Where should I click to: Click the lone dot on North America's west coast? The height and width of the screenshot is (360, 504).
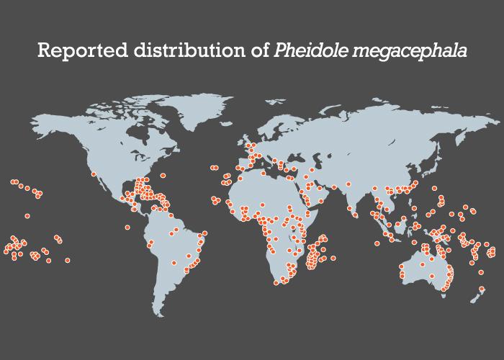click(93, 174)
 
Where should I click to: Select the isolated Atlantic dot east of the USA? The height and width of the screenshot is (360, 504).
click(163, 176)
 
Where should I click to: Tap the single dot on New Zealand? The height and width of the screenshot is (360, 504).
click(481, 289)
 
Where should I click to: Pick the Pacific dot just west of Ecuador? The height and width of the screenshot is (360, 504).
click(127, 228)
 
